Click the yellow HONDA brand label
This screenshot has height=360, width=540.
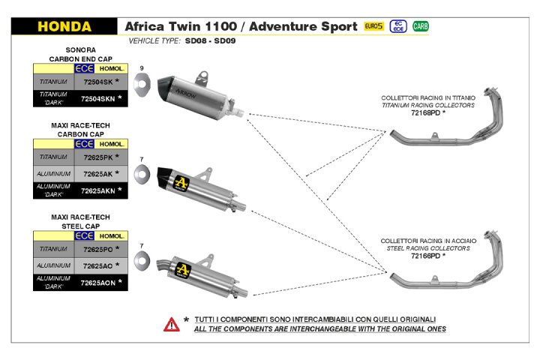(x=64, y=27)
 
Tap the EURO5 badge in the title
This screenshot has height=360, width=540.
(x=373, y=26)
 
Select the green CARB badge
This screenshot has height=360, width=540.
(x=421, y=26)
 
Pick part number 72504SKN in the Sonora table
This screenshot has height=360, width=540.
(x=97, y=97)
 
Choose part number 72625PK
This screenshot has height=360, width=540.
(x=97, y=157)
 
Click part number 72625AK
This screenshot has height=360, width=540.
(x=97, y=174)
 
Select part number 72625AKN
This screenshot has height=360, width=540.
(x=97, y=190)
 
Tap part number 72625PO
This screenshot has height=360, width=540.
(x=97, y=248)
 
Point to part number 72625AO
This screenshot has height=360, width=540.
(x=97, y=265)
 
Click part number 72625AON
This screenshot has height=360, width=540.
(x=97, y=282)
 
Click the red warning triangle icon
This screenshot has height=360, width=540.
(x=172, y=324)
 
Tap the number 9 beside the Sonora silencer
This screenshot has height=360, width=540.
(x=141, y=68)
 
